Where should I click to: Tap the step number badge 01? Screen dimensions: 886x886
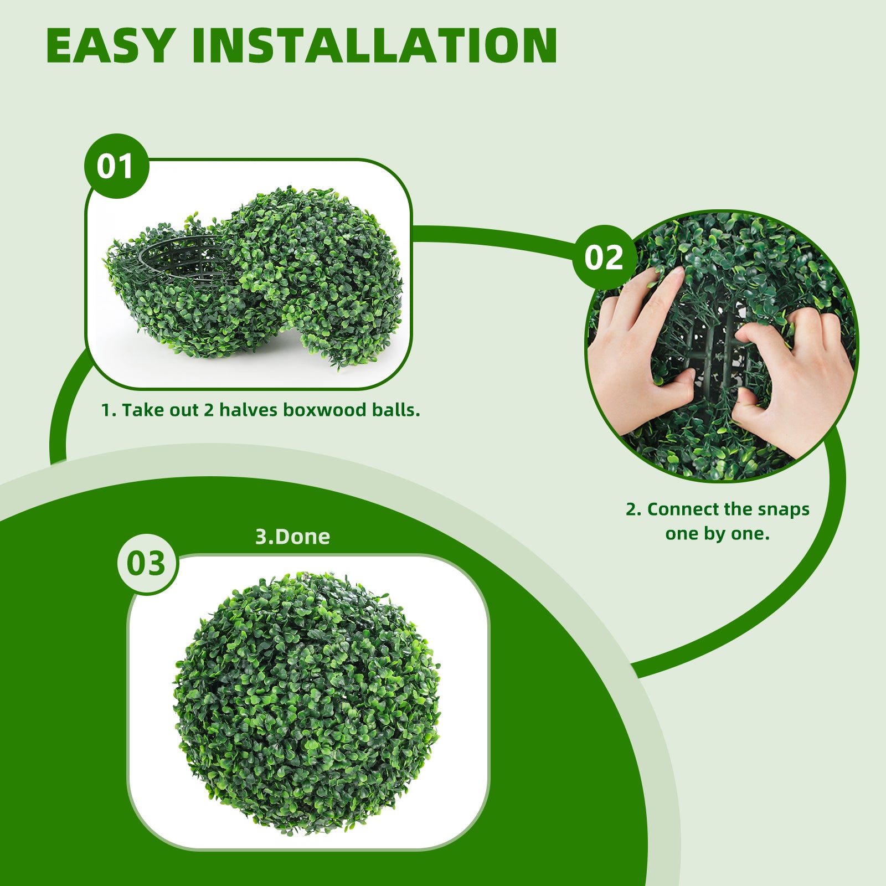116,166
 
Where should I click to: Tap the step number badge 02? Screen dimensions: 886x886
604,257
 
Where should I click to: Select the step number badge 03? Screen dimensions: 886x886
147,564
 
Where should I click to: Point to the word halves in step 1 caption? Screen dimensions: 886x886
248,410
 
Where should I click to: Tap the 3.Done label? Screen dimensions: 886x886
292,537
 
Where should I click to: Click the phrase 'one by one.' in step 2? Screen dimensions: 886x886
718,534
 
